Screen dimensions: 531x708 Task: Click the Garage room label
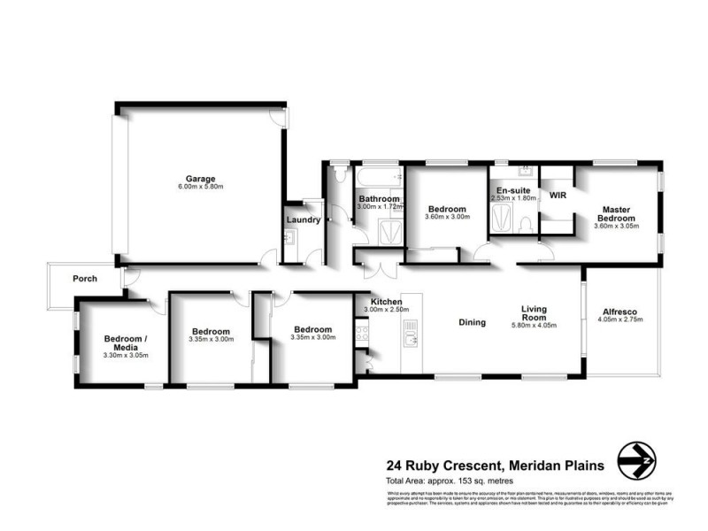(200, 178)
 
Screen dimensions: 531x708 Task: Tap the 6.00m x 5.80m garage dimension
(200, 187)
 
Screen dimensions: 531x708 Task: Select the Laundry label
(303, 220)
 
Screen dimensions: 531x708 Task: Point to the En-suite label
(513, 190)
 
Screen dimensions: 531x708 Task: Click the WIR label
(558, 195)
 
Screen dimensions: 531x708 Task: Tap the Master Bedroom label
(616, 214)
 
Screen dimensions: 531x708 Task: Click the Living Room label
(534, 314)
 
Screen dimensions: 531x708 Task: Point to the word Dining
(472, 322)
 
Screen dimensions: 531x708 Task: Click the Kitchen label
(385, 302)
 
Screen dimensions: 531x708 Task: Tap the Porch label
(85, 279)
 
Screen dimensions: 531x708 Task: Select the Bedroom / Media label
(126, 342)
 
